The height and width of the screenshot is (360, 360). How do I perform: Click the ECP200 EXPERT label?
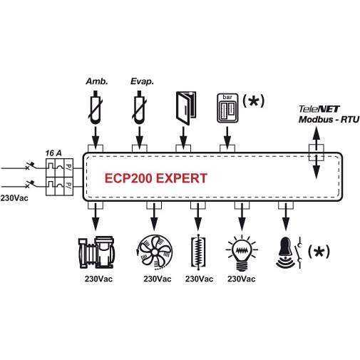[x=156, y=178]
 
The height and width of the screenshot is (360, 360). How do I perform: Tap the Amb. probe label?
[x=97, y=81]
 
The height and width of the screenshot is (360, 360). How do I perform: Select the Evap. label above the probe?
[x=142, y=81]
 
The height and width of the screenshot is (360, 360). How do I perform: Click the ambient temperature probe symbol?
[x=96, y=108]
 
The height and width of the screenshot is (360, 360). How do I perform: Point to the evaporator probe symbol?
[x=139, y=108]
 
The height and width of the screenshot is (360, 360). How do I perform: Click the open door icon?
[x=186, y=108]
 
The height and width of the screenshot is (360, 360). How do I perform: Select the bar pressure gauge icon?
[x=227, y=108]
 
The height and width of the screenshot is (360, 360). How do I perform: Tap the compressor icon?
[x=96, y=252]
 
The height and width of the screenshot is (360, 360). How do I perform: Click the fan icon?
[x=155, y=252]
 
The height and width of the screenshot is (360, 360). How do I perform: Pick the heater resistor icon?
[x=198, y=252]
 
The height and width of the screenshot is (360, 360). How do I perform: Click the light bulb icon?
[x=242, y=252]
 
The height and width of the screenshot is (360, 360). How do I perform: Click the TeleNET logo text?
[x=319, y=109]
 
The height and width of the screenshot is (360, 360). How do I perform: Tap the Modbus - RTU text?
[x=329, y=120]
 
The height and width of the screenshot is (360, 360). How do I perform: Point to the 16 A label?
[x=53, y=153]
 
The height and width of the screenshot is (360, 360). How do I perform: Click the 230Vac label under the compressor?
[x=98, y=279]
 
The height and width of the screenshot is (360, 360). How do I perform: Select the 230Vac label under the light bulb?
[x=242, y=279]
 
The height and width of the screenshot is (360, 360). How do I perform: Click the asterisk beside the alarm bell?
[x=319, y=252]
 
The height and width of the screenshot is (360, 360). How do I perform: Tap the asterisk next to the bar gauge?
[x=253, y=101]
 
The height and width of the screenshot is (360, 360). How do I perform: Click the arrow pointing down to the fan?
[x=154, y=217]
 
